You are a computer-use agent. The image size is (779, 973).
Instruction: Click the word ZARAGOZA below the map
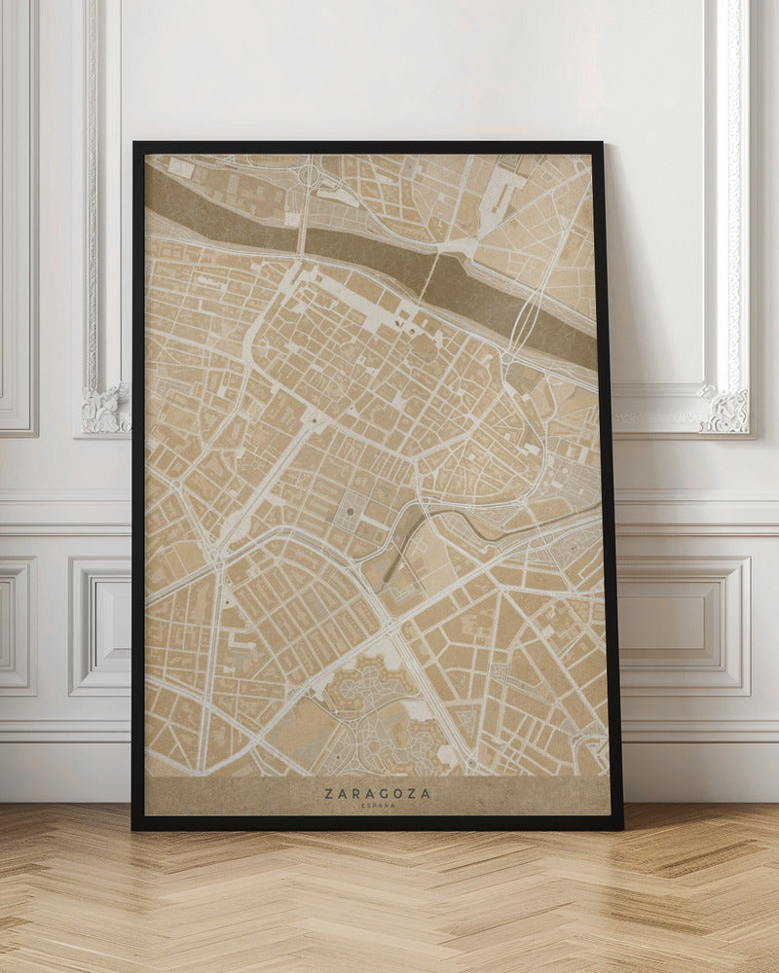click(x=377, y=794)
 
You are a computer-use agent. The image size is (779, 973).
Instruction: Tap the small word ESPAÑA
click(x=377, y=806)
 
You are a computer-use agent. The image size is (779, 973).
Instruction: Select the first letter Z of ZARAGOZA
click(x=328, y=794)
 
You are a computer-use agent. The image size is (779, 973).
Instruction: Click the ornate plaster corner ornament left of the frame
click(x=105, y=409)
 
